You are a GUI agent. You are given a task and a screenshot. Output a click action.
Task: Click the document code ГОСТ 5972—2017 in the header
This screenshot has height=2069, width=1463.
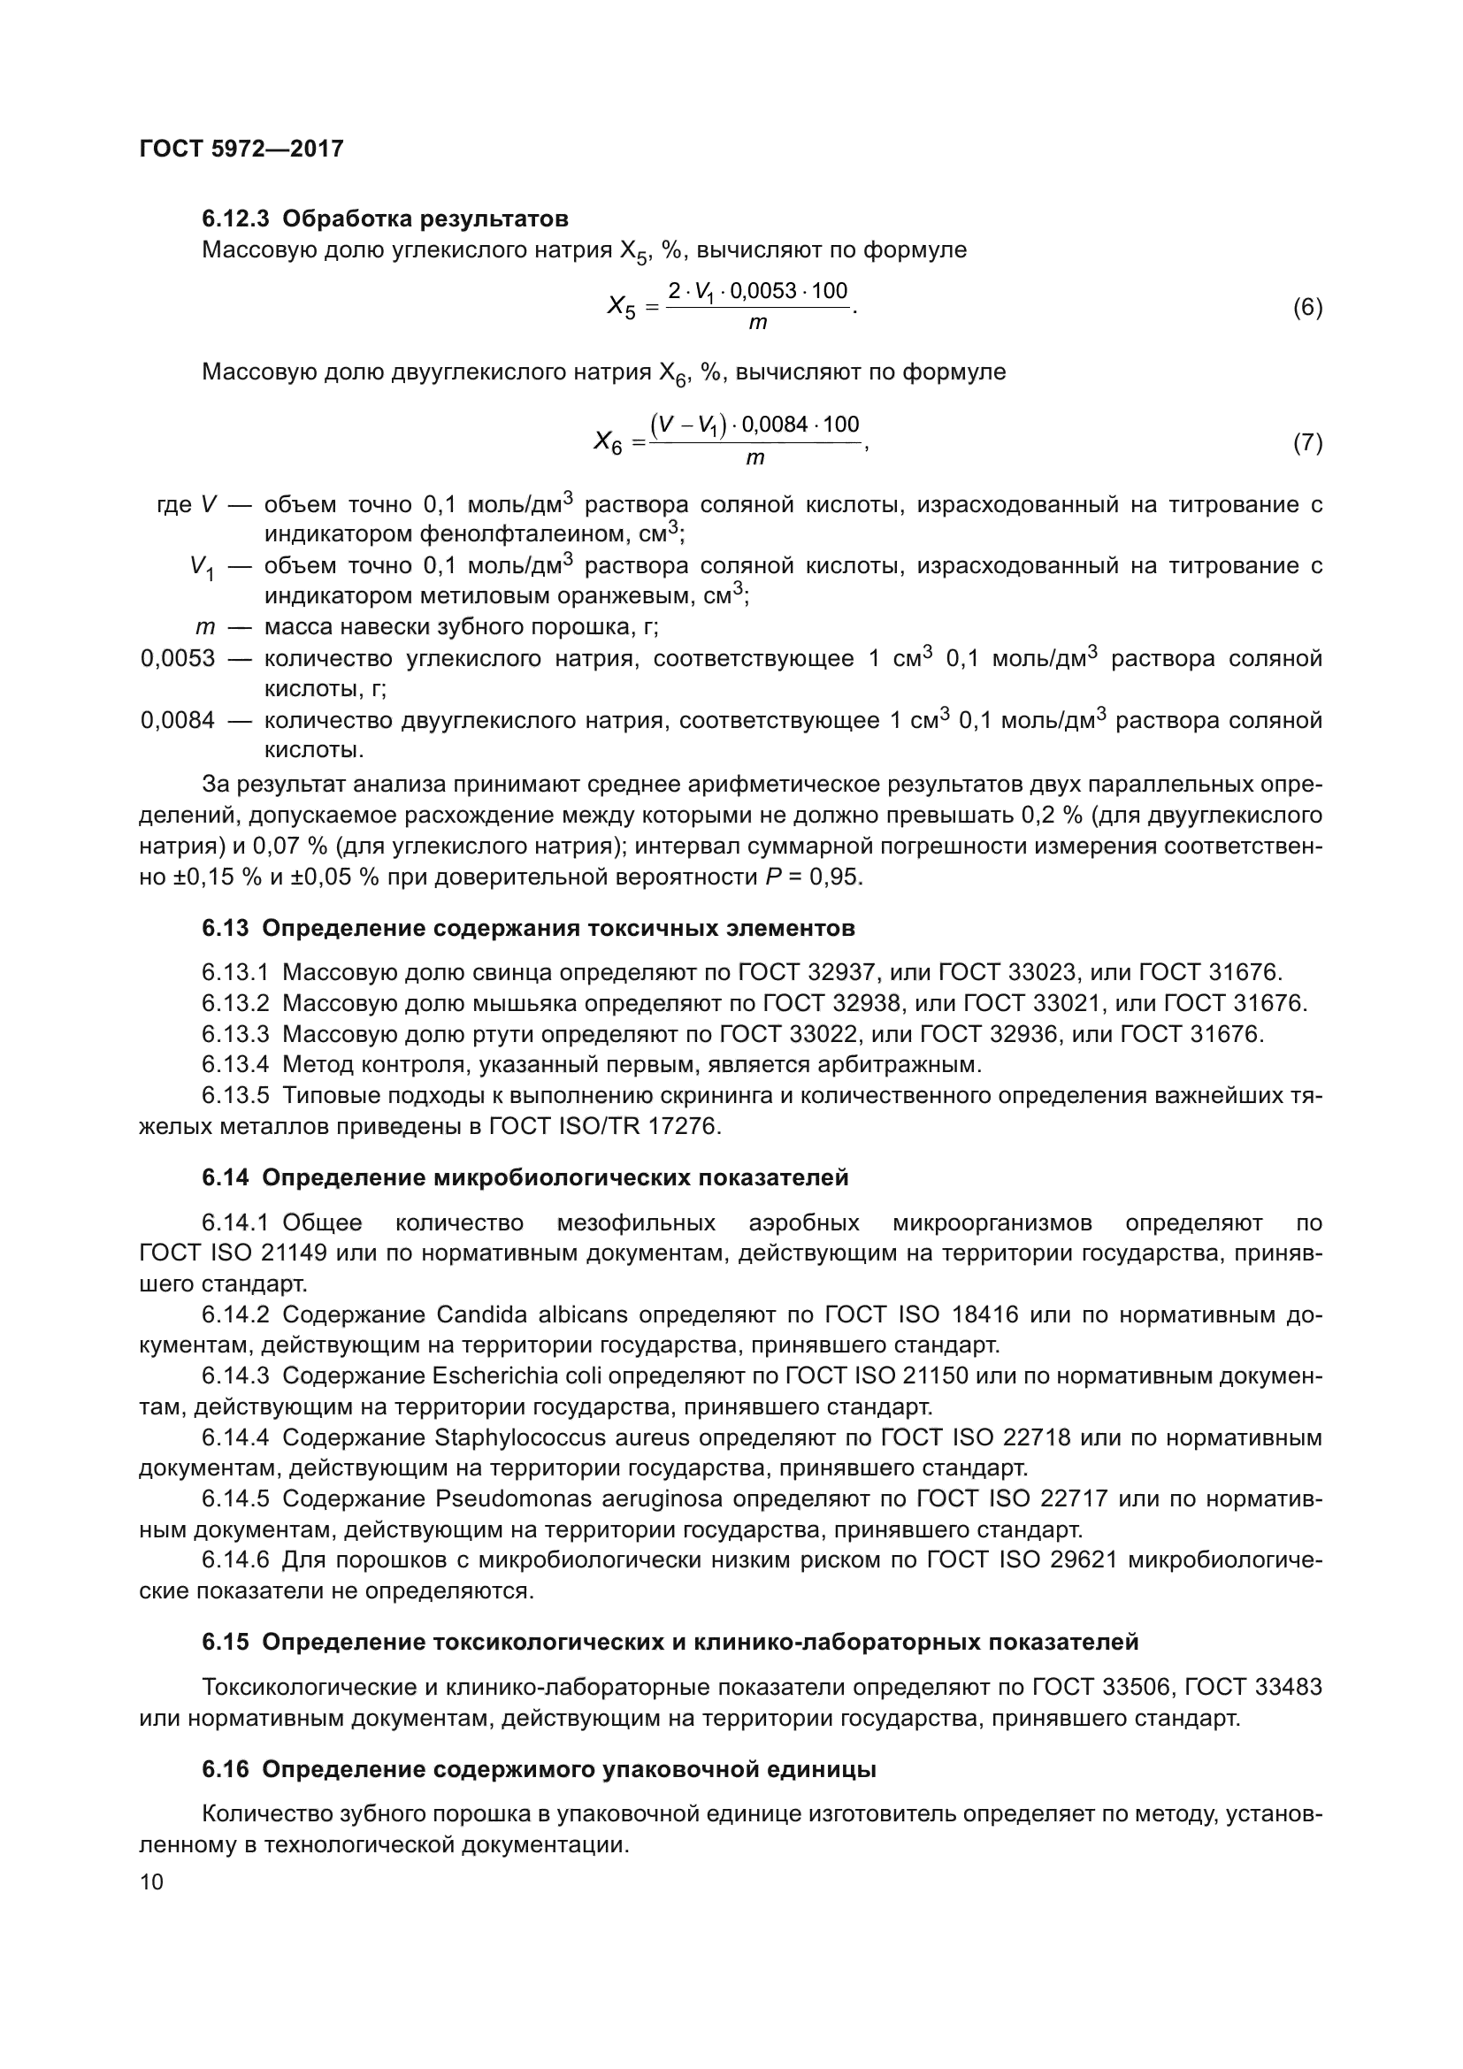click(241, 149)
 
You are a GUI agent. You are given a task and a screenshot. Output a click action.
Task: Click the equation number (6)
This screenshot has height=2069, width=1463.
click(1307, 308)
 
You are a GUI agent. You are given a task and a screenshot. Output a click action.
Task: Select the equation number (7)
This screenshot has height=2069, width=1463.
click(1307, 443)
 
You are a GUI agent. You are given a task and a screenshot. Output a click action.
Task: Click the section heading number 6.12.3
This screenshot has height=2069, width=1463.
click(235, 219)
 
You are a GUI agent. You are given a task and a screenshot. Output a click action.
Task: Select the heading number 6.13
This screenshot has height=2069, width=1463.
click(226, 928)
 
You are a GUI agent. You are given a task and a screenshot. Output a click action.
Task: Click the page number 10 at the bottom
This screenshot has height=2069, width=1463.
click(151, 1882)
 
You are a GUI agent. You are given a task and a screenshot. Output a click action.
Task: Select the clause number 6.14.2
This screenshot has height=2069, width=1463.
click(235, 1314)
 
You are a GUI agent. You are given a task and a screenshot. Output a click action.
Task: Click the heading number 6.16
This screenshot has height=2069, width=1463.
click(226, 1770)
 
